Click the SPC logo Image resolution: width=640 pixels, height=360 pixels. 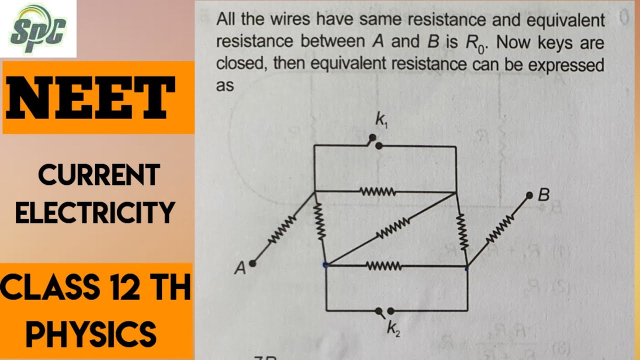(x=38, y=28)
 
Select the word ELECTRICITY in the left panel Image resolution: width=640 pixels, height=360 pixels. (x=95, y=212)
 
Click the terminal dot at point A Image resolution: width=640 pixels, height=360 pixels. (x=253, y=263)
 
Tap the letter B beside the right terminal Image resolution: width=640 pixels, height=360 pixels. (x=543, y=195)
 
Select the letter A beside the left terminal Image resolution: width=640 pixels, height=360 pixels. (x=240, y=268)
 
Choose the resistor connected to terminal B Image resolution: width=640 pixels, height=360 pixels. (x=498, y=227)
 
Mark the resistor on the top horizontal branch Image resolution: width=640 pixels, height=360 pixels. (x=378, y=191)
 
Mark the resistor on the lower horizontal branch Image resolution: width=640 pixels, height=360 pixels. (x=384, y=266)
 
